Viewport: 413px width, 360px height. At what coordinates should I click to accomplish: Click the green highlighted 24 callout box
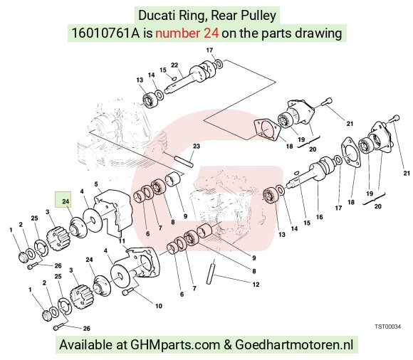coord(63,199)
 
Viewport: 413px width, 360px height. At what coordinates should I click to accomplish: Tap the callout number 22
coord(174,65)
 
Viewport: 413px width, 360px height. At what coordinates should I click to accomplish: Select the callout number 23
coord(197,146)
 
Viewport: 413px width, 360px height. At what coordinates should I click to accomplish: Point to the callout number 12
coord(256,285)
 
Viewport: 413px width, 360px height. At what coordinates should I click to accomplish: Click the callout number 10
coord(159,306)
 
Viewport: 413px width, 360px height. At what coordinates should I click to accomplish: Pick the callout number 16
coord(319,217)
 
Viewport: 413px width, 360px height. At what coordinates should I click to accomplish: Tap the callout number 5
coord(96,184)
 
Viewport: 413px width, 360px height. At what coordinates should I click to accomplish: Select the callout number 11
coord(122,241)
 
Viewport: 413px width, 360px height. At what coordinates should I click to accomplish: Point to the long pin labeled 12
coord(211,272)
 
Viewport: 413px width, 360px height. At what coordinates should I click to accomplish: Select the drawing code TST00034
coord(387,327)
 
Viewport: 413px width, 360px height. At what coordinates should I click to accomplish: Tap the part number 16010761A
coord(105,33)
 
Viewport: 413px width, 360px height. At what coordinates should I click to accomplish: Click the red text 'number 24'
coord(187,33)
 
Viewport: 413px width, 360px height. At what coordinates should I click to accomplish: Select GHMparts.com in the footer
coord(175,345)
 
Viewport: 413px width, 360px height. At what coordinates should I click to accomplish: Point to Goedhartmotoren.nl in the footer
coord(294,345)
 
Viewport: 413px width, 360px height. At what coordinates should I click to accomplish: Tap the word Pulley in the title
coord(258,16)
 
